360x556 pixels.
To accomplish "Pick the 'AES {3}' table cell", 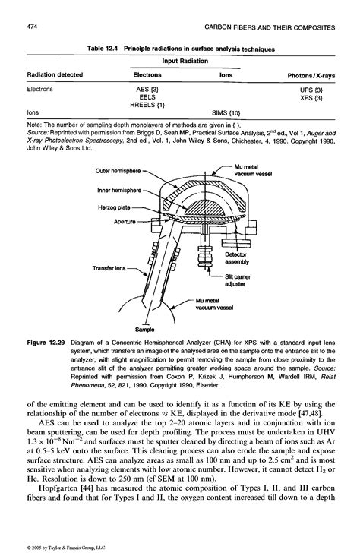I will [147, 89].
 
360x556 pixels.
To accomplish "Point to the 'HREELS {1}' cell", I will [148, 104].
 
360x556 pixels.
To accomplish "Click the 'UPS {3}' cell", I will [311, 89].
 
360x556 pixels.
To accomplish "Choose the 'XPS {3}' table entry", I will [311, 97].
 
